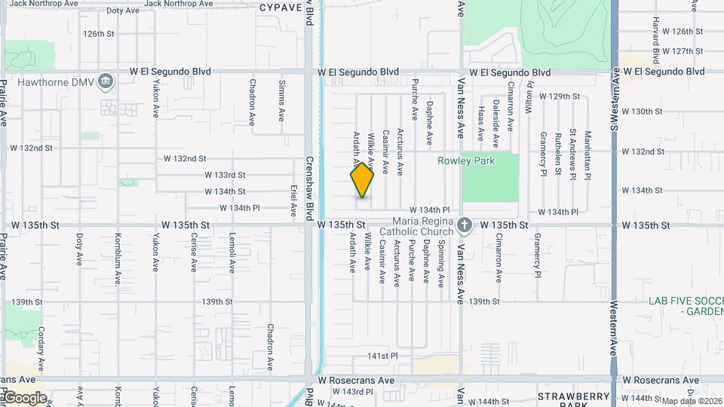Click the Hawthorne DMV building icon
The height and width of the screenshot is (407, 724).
106,81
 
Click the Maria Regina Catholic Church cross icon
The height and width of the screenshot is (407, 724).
465,225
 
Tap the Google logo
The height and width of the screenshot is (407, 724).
24,398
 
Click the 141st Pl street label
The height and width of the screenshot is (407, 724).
382,355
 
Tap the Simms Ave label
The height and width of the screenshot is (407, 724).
282,102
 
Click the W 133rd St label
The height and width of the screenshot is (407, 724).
225,175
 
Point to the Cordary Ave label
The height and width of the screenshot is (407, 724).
42,344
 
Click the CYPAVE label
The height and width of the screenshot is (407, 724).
281,7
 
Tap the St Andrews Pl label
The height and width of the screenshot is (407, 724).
573,151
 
